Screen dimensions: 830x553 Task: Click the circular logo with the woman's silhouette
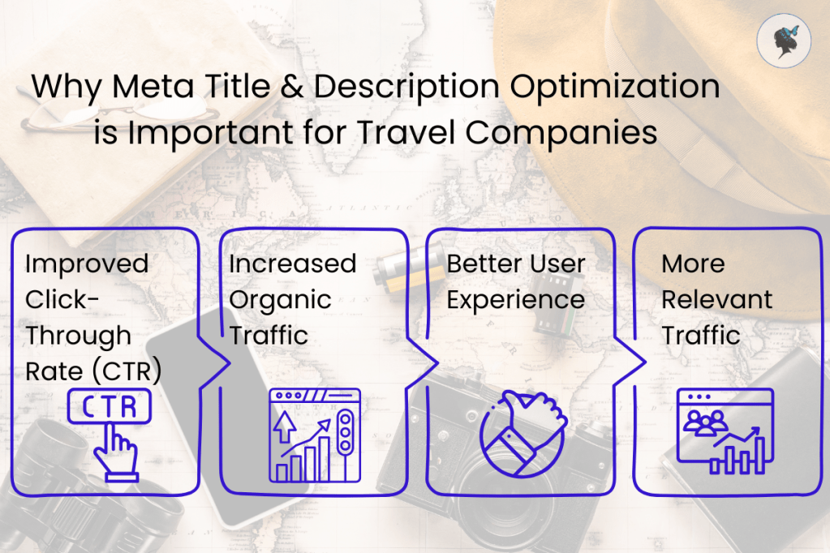784,41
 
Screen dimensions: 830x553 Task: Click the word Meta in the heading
153,86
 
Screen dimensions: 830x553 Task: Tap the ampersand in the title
291,86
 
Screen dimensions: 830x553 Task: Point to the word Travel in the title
406,132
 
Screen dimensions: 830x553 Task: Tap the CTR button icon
110,406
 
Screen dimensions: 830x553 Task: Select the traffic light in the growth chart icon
345,432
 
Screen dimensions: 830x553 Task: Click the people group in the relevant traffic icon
705,422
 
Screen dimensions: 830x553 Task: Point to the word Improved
87,264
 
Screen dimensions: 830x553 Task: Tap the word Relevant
716,300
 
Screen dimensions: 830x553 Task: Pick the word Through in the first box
79,336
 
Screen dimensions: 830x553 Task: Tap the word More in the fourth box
693,264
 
